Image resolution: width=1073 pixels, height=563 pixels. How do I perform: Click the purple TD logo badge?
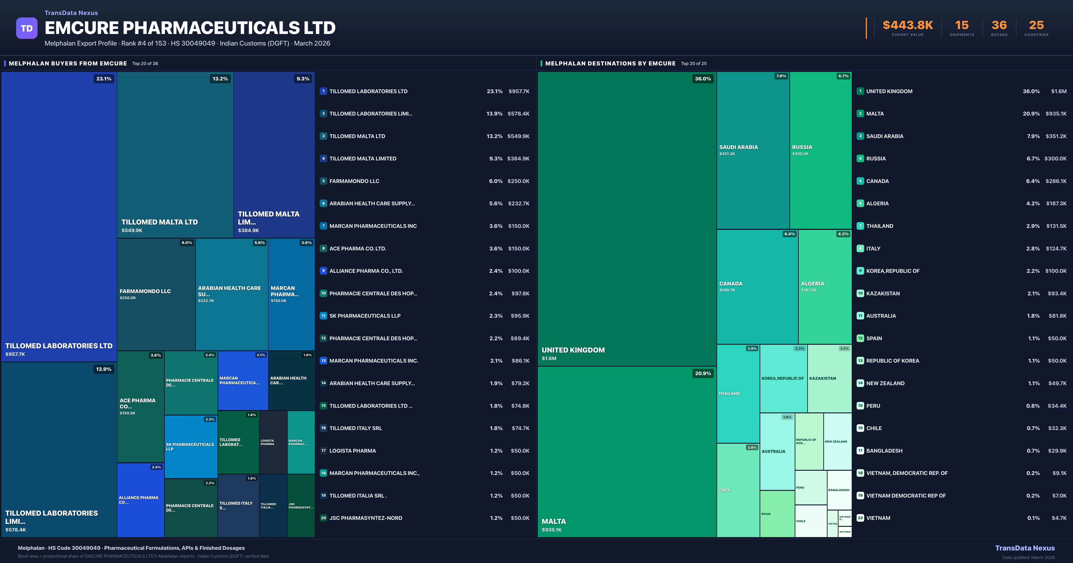pyautogui.click(x=27, y=28)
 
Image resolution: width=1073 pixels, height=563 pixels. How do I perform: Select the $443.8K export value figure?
pyautogui.click(x=908, y=25)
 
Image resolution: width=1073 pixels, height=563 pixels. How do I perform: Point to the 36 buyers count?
pyautogui.click(x=999, y=25)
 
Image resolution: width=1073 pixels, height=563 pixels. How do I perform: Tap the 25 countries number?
pyautogui.click(x=1036, y=25)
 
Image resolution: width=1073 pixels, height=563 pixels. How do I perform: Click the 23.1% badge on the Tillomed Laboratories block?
pyautogui.click(x=104, y=79)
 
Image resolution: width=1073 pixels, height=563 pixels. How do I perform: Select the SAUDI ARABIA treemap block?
pyautogui.click(x=753, y=150)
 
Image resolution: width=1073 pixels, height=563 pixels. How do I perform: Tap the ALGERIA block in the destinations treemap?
pyautogui.click(x=825, y=286)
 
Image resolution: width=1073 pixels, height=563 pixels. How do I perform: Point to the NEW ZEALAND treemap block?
pyautogui.click(x=837, y=441)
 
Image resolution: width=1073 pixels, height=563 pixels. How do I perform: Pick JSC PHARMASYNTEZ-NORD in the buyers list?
pyautogui.click(x=366, y=518)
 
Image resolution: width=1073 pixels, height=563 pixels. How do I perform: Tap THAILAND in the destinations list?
pyautogui.click(x=880, y=226)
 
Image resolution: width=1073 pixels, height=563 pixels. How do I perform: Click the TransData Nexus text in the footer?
pyautogui.click(x=1025, y=548)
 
